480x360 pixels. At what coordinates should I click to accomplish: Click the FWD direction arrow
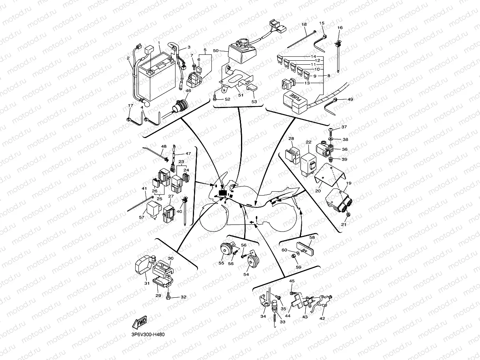[140, 323]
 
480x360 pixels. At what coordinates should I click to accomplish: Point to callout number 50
[215, 51]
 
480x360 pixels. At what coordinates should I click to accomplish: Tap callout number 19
[348, 184]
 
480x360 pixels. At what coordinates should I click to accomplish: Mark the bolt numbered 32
[168, 296]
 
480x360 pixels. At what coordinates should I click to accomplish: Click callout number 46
[188, 91]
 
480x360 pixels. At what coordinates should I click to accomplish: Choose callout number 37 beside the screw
[344, 127]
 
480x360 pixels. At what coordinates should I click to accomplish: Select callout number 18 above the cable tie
[304, 24]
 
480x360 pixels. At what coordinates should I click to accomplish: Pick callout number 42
[322, 318]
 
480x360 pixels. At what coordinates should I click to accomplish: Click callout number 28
[291, 139]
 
